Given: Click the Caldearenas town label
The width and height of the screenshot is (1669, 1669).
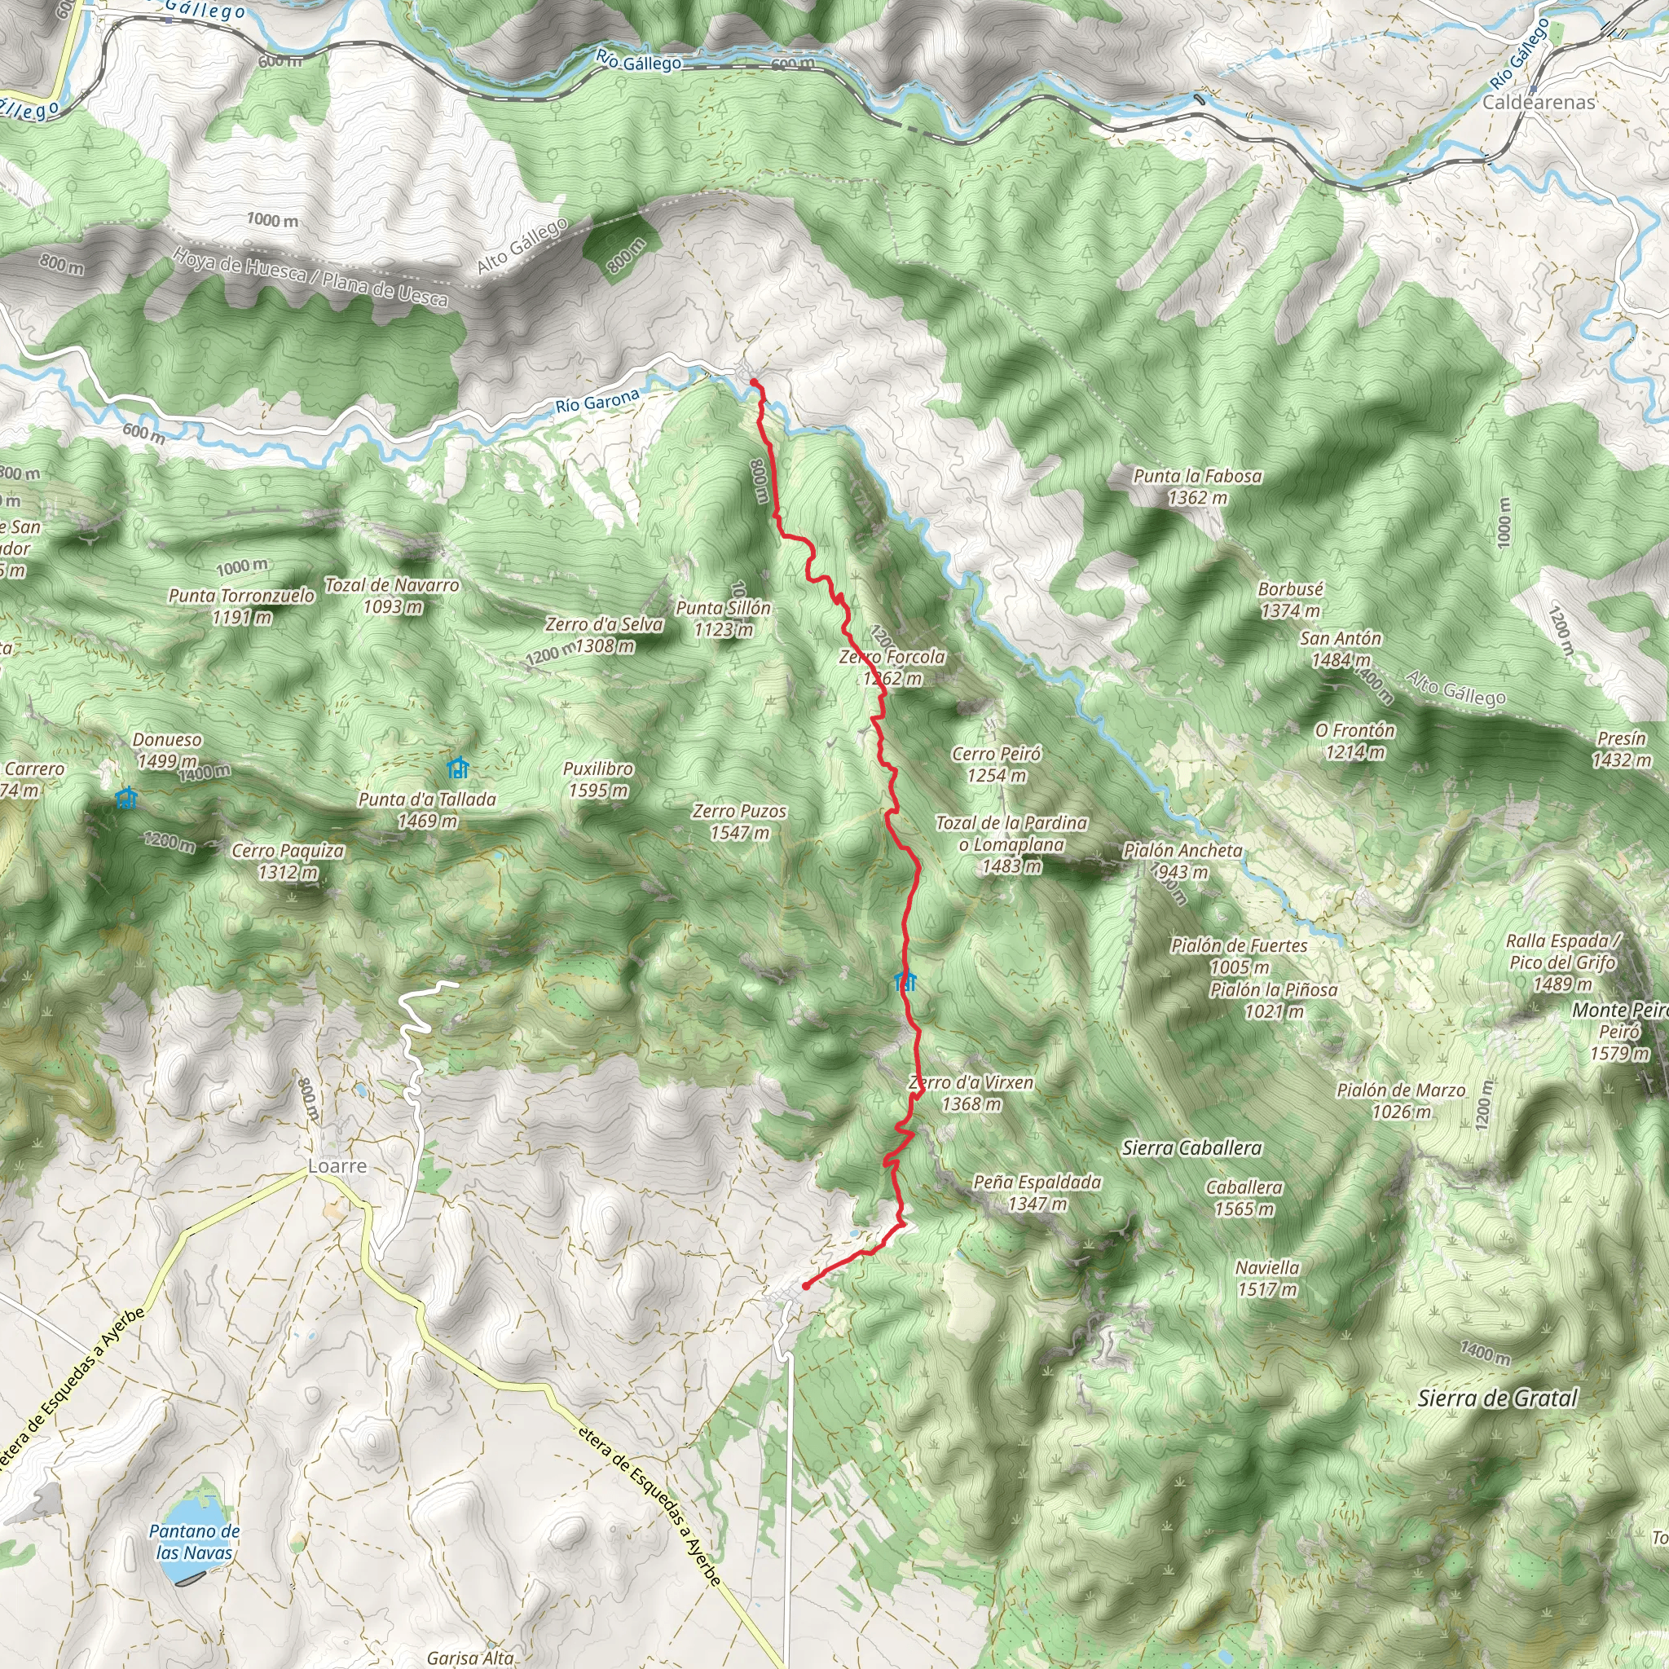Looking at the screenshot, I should (1539, 102).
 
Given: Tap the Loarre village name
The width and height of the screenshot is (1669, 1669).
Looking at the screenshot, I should (337, 1166).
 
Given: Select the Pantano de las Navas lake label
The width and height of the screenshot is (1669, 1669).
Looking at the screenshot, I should (195, 1541).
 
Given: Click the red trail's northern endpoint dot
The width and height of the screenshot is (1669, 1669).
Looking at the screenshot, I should (753, 382).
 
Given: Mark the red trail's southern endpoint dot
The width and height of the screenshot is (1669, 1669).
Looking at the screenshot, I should (805, 1285).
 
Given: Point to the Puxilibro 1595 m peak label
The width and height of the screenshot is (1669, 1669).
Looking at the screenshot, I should (598, 779).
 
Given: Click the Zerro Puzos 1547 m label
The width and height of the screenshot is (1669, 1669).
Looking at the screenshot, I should (739, 821).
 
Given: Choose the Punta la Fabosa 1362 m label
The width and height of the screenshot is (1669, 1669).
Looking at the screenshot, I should (1197, 487).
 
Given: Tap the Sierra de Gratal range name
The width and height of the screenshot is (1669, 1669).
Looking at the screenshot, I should (1497, 1398).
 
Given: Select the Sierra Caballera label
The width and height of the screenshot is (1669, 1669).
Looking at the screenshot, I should (1191, 1148).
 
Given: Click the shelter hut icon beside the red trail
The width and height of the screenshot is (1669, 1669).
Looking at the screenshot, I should (905, 980).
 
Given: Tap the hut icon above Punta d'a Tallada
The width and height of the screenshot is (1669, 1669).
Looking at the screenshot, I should (457, 767).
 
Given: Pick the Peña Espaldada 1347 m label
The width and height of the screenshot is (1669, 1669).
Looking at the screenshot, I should (1037, 1192).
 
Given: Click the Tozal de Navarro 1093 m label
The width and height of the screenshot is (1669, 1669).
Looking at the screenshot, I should (392, 595).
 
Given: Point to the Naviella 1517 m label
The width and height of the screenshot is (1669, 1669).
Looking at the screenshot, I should (1266, 1279).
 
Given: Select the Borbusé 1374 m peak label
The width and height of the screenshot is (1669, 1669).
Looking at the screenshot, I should (1291, 600).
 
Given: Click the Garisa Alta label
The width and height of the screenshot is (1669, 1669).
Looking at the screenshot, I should (470, 1657).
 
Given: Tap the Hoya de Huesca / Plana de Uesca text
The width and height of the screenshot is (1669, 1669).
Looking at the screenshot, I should (311, 276).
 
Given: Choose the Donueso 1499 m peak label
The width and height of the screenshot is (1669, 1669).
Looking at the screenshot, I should (167, 750).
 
